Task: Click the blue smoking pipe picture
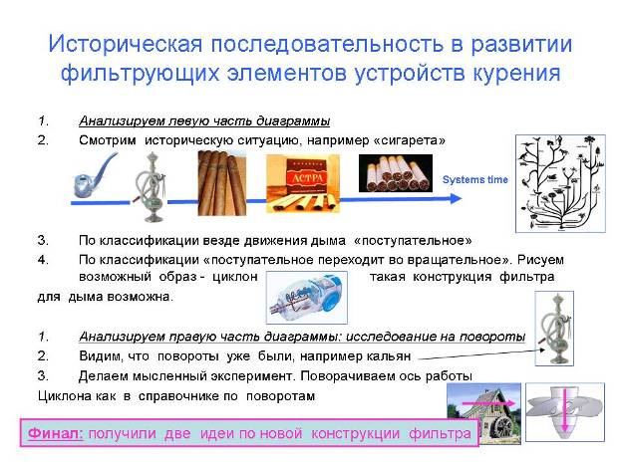pos(95,175)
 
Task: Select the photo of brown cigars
pos(221,183)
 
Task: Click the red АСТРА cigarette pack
pos(303,183)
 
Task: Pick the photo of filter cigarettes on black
pos(396,173)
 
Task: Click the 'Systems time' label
pos(474,179)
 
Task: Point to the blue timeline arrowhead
pos(457,198)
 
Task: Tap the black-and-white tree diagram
pos(560,183)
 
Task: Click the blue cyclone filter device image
pos(307,297)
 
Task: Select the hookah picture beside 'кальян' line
pos(555,329)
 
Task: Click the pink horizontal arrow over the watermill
pos(488,403)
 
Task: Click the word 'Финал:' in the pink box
pos(56,433)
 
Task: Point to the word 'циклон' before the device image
pos(235,276)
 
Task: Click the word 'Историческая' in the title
pos(126,44)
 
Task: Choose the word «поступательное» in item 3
pos(413,241)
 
